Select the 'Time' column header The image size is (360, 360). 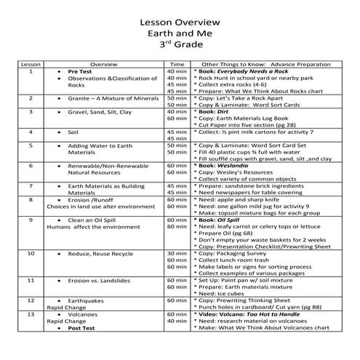pyautogui.click(x=177, y=64)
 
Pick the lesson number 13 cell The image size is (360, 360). pyautogui.click(x=30, y=314)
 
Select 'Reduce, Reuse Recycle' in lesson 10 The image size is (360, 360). pyautogui.click(x=100, y=253)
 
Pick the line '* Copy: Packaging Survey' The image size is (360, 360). pyautogui.click(x=236, y=253)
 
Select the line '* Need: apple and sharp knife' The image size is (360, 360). pyautogui.click(x=244, y=199)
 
